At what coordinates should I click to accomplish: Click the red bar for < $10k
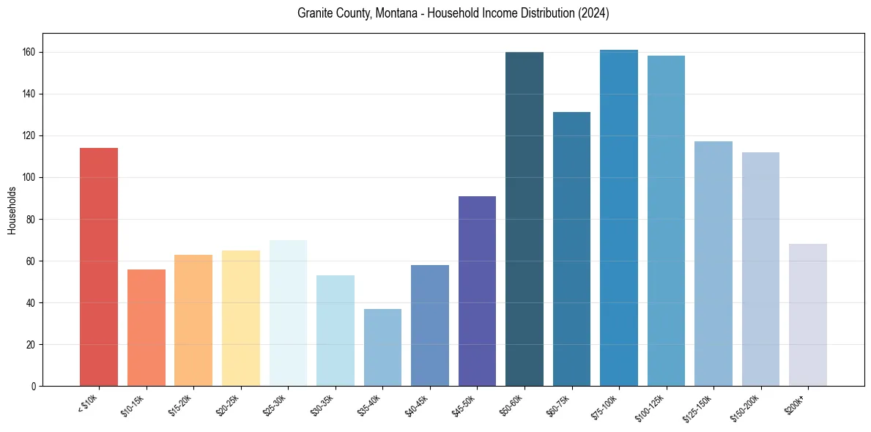(99, 267)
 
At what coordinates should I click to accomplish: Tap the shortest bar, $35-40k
(382, 348)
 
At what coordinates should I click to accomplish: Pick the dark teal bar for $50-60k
(525, 220)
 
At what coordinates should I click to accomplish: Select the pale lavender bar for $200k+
(808, 315)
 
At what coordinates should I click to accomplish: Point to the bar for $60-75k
(571, 249)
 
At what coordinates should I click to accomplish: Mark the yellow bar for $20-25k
(241, 319)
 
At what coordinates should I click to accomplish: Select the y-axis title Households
(12, 210)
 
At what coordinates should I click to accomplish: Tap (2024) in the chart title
(594, 14)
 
